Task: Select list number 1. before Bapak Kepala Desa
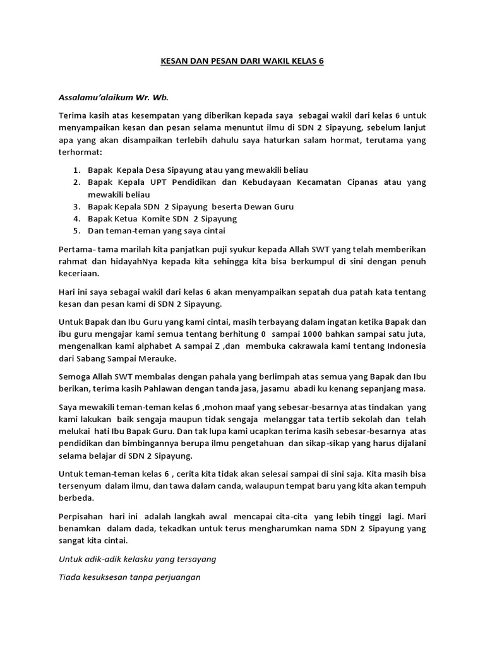[76, 170]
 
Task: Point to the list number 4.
[76, 218]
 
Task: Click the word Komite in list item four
[154, 218]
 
